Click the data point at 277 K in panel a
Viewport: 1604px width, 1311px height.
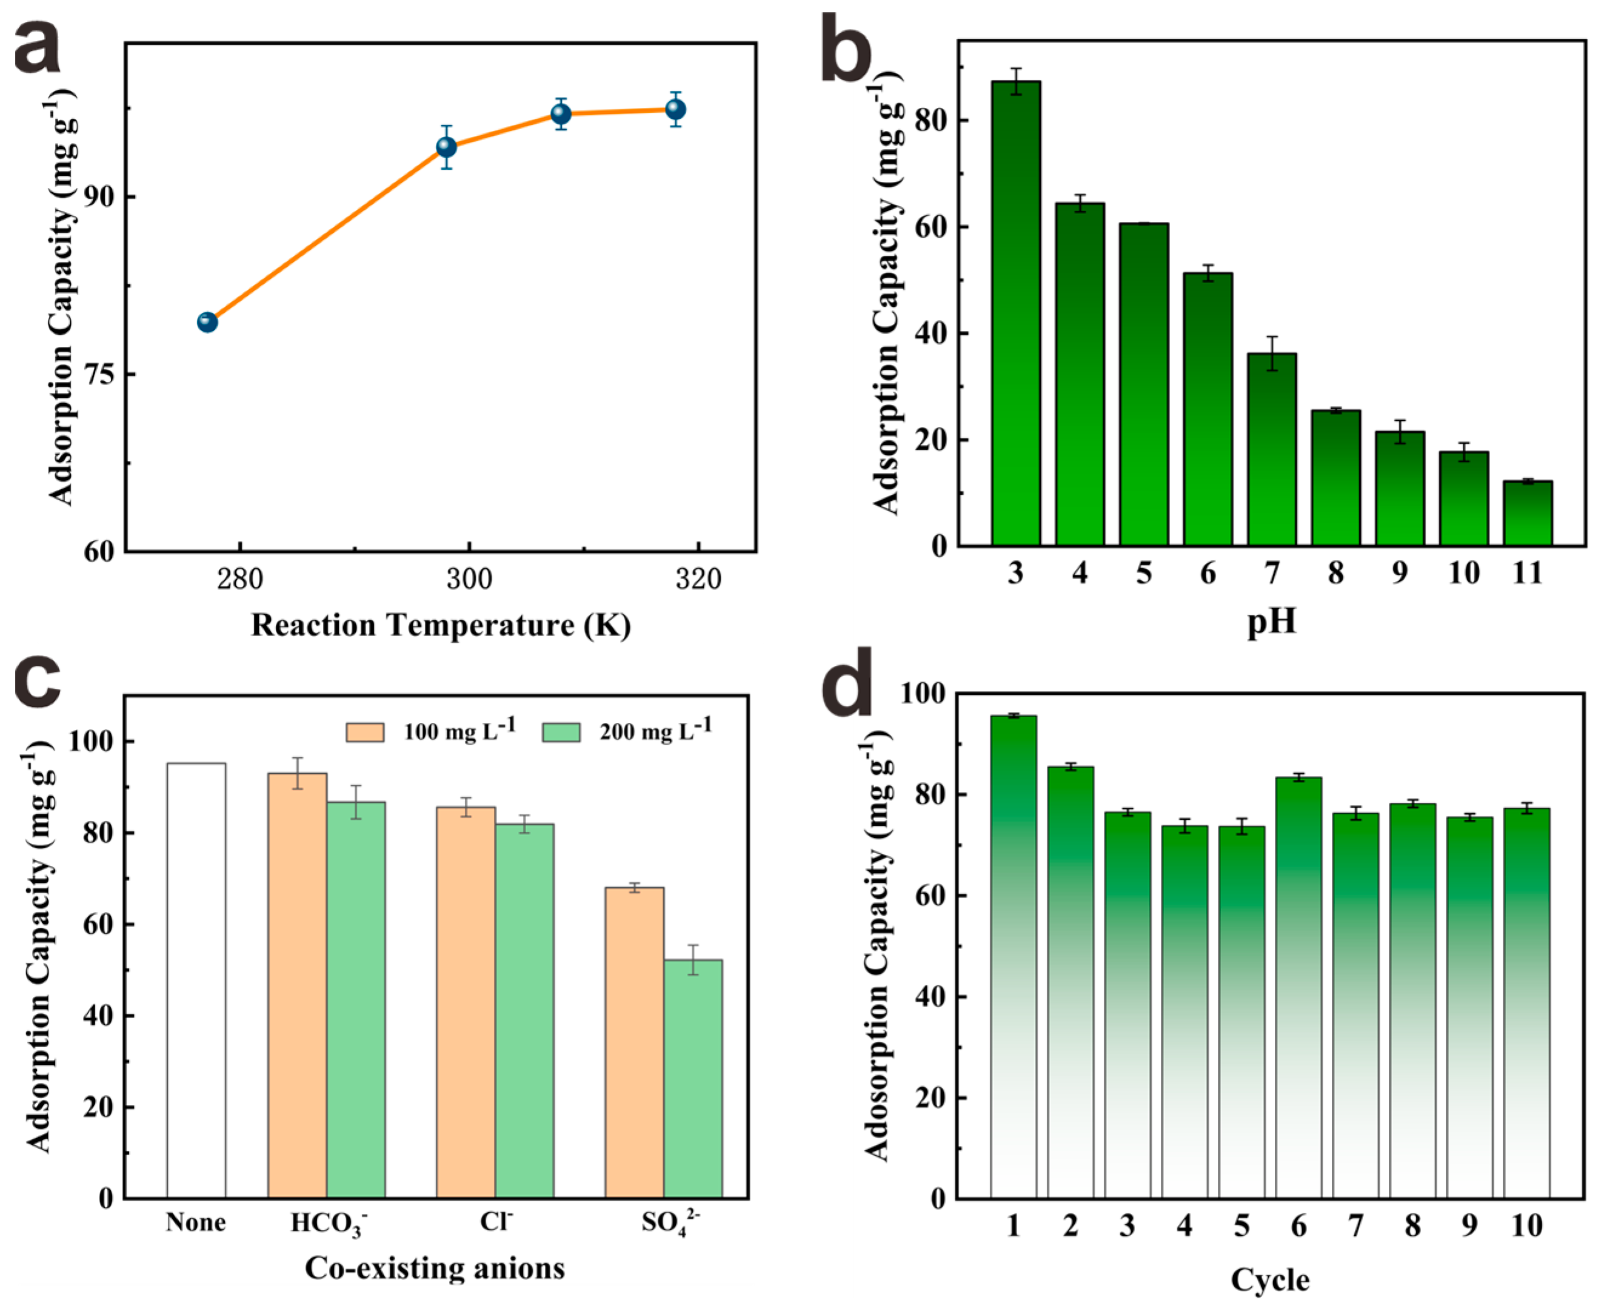[207, 323]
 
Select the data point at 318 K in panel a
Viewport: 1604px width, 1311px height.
[675, 110]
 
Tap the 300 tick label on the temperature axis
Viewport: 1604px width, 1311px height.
[469, 580]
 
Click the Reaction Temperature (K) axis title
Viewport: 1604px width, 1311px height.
[440, 625]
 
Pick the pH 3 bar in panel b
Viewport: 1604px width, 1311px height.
[1016, 313]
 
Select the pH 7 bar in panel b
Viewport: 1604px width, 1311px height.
[1272, 449]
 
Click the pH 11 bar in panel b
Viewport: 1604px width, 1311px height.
[1528, 514]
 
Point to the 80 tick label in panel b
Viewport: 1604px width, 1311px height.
[931, 121]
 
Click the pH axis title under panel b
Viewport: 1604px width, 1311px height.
[1271, 621]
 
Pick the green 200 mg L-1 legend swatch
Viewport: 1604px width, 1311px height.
[561, 733]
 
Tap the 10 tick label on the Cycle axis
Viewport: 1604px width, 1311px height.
[1526, 1225]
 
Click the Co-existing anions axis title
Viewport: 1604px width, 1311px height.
[435, 1269]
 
